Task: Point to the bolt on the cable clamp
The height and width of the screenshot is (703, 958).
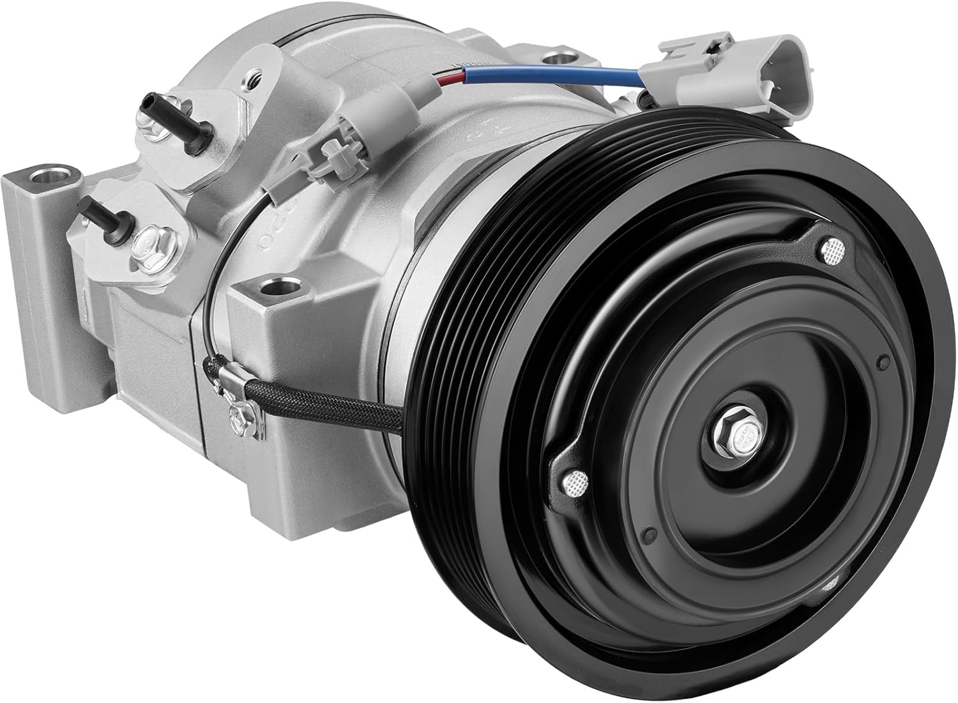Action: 240,414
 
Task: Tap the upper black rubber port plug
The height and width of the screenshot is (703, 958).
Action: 156,121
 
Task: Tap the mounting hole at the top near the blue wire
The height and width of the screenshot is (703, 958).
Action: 556,59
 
